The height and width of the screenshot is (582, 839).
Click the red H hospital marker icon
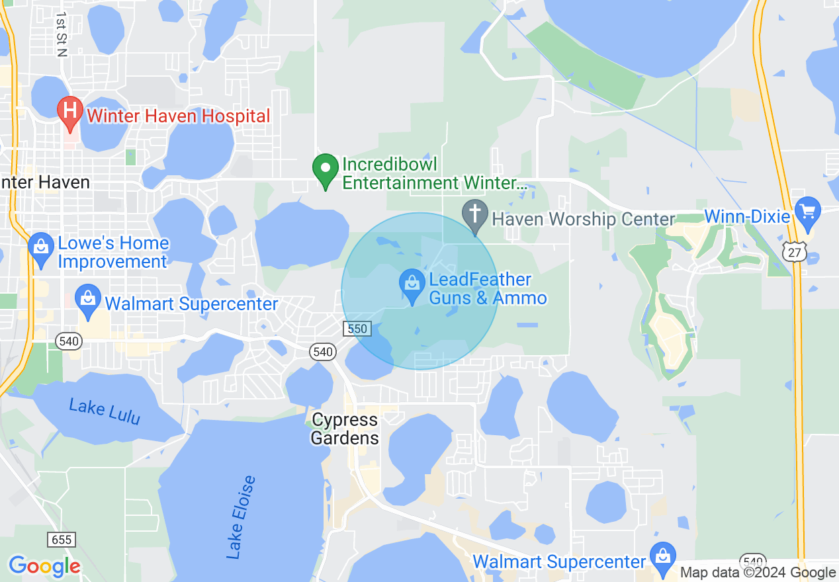pyautogui.click(x=69, y=110)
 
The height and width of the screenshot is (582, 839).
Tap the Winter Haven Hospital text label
pyautogui.click(x=179, y=116)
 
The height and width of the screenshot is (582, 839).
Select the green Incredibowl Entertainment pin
pyautogui.click(x=325, y=168)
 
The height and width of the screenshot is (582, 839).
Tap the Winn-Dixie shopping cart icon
pyautogui.click(x=807, y=212)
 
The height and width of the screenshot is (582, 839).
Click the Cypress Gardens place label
pyautogui.click(x=345, y=429)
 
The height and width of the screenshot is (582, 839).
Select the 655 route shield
pyautogui.click(x=61, y=540)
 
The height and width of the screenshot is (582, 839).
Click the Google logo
pyautogui.click(x=44, y=566)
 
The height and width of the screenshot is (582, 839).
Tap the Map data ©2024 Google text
pyautogui.click(x=758, y=573)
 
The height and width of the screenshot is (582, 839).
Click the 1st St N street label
pyautogui.click(x=62, y=34)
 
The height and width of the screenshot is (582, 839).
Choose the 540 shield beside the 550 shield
pyautogui.click(x=323, y=352)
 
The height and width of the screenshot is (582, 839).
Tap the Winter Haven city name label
pyautogui.click(x=45, y=182)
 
